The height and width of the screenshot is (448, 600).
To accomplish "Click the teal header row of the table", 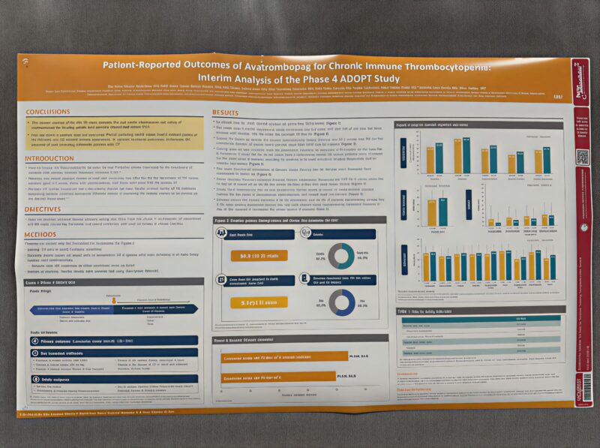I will (x=478, y=318).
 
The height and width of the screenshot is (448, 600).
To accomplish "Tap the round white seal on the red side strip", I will (x=581, y=226).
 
